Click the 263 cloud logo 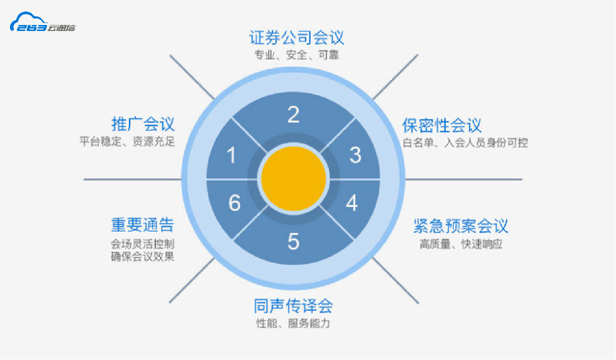(x=42, y=22)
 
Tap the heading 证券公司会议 (x=296, y=37)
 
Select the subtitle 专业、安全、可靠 (x=296, y=55)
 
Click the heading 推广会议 (x=143, y=124)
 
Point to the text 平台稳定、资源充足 (x=127, y=141)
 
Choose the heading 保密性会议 (x=442, y=125)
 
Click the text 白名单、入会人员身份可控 (x=465, y=142)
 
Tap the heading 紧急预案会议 (x=461, y=226)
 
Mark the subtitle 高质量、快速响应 (x=461, y=244)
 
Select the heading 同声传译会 (x=293, y=306)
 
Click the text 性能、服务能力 (x=293, y=323)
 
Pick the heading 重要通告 (x=143, y=225)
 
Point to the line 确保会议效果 (x=143, y=256)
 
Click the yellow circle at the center (x=293, y=179)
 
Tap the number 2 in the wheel (x=293, y=114)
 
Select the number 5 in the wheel (x=293, y=241)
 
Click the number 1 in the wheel (x=231, y=155)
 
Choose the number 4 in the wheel (x=352, y=203)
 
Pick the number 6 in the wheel (x=235, y=203)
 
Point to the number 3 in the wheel (x=355, y=155)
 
